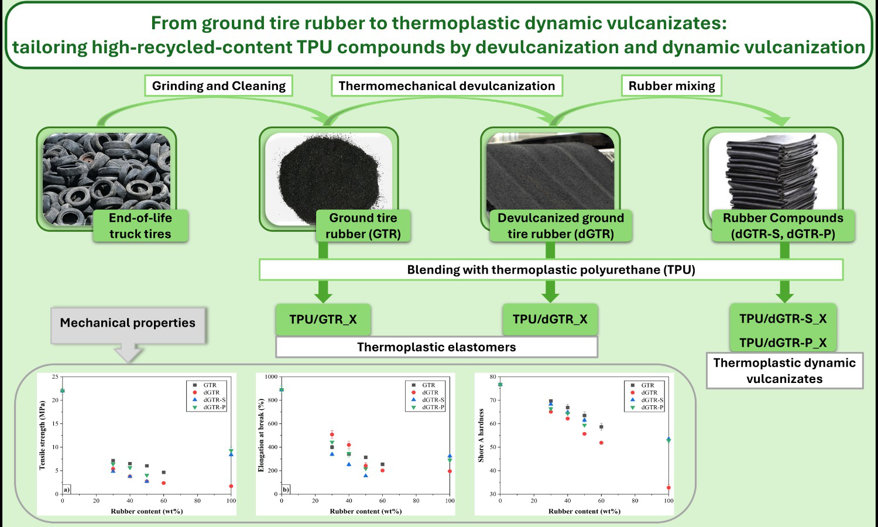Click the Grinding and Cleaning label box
tap(219, 85)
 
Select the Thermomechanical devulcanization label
tap(447, 85)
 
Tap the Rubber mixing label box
tap(671, 85)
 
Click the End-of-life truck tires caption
tap(140, 226)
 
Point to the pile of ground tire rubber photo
tap(328, 179)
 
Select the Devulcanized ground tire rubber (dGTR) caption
tap(561, 226)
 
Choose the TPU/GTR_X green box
tap(323, 319)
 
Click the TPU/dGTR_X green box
tap(550, 319)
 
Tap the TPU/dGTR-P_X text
tap(783, 343)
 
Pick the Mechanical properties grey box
tap(128, 325)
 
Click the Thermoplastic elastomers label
tap(437, 347)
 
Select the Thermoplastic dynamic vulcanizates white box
tap(784, 371)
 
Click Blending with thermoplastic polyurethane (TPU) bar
tap(551, 270)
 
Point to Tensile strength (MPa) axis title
tap(42, 435)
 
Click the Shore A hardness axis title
tap(481, 435)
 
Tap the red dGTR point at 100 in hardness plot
tap(668, 488)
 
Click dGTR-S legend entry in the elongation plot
tap(428, 400)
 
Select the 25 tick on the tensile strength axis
tap(54, 377)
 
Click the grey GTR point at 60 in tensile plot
tap(164, 473)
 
